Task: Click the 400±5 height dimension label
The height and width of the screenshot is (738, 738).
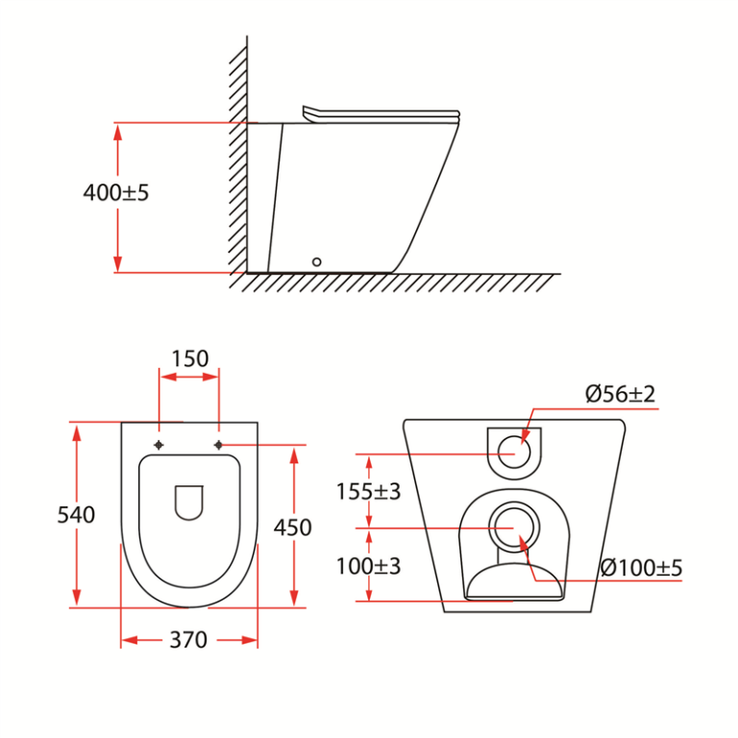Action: click(x=116, y=192)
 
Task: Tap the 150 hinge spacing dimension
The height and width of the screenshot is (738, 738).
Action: click(x=189, y=358)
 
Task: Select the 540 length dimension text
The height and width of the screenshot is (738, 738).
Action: click(x=76, y=515)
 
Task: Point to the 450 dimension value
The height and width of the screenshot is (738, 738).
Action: click(x=293, y=527)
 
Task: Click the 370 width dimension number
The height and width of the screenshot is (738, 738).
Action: click(x=188, y=639)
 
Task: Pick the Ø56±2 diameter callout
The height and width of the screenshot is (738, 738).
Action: click(x=621, y=394)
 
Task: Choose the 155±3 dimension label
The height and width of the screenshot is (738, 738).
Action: click(x=368, y=491)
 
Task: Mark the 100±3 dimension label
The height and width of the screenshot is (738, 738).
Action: click(x=368, y=566)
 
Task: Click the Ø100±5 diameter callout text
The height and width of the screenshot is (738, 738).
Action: click(x=641, y=567)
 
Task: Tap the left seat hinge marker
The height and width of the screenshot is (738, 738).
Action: click(x=160, y=445)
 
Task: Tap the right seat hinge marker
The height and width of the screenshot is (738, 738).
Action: click(x=218, y=445)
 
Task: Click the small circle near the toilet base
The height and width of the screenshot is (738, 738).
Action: click(x=316, y=261)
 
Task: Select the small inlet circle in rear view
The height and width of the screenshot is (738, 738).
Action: click(x=514, y=451)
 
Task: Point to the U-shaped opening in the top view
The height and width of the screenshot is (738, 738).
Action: click(x=189, y=503)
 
